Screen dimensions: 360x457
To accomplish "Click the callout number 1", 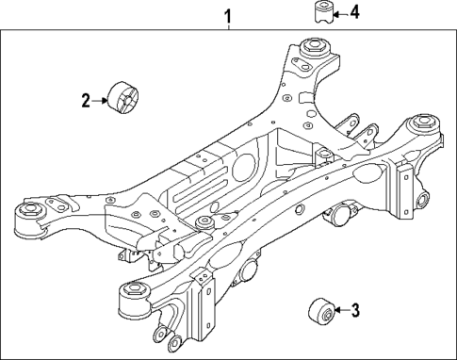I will pos(227,15).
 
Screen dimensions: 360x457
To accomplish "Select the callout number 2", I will pos(85,99).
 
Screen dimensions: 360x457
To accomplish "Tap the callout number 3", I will pos(355,308).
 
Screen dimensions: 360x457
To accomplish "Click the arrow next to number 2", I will pos(101,99).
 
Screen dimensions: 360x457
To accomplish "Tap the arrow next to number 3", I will pos(341,308).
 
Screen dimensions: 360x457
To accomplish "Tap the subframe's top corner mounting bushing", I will pos(312,47).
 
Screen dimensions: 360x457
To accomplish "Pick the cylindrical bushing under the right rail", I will pos(341,216).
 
